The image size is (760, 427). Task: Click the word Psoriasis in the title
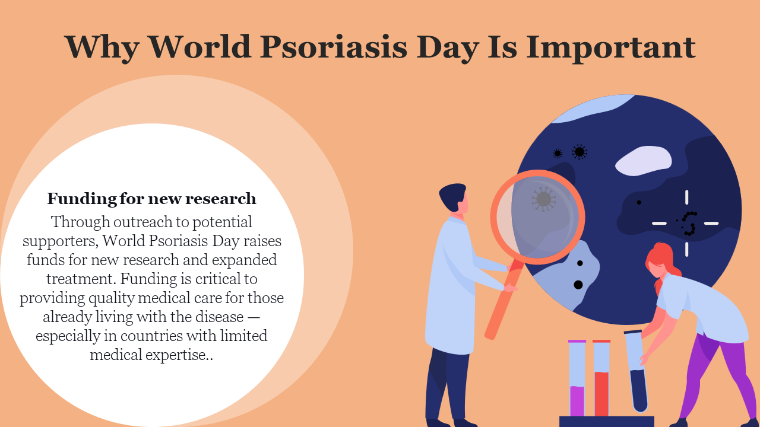pyautogui.click(x=334, y=47)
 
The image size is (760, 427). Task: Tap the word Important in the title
pyautogui.click(x=611, y=48)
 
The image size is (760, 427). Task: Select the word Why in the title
pyautogui.click(x=102, y=48)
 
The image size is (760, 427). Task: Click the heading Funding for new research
pyautogui.click(x=151, y=199)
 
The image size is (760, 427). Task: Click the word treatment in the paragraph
pyautogui.click(x=81, y=279)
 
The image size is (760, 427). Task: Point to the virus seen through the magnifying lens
pyautogui.click(x=543, y=199)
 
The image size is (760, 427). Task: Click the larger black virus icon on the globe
pyautogui.click(x=579, y=152)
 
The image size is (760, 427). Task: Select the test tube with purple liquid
pyautogui.click(x=577, y=378)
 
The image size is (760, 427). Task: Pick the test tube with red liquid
pyautogui.click(x=601, y=378)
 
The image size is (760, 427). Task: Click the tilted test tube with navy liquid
pyautogui.click(x=636, y=371)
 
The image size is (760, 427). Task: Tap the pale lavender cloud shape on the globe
pyautogui.click(x=643, y=161)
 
